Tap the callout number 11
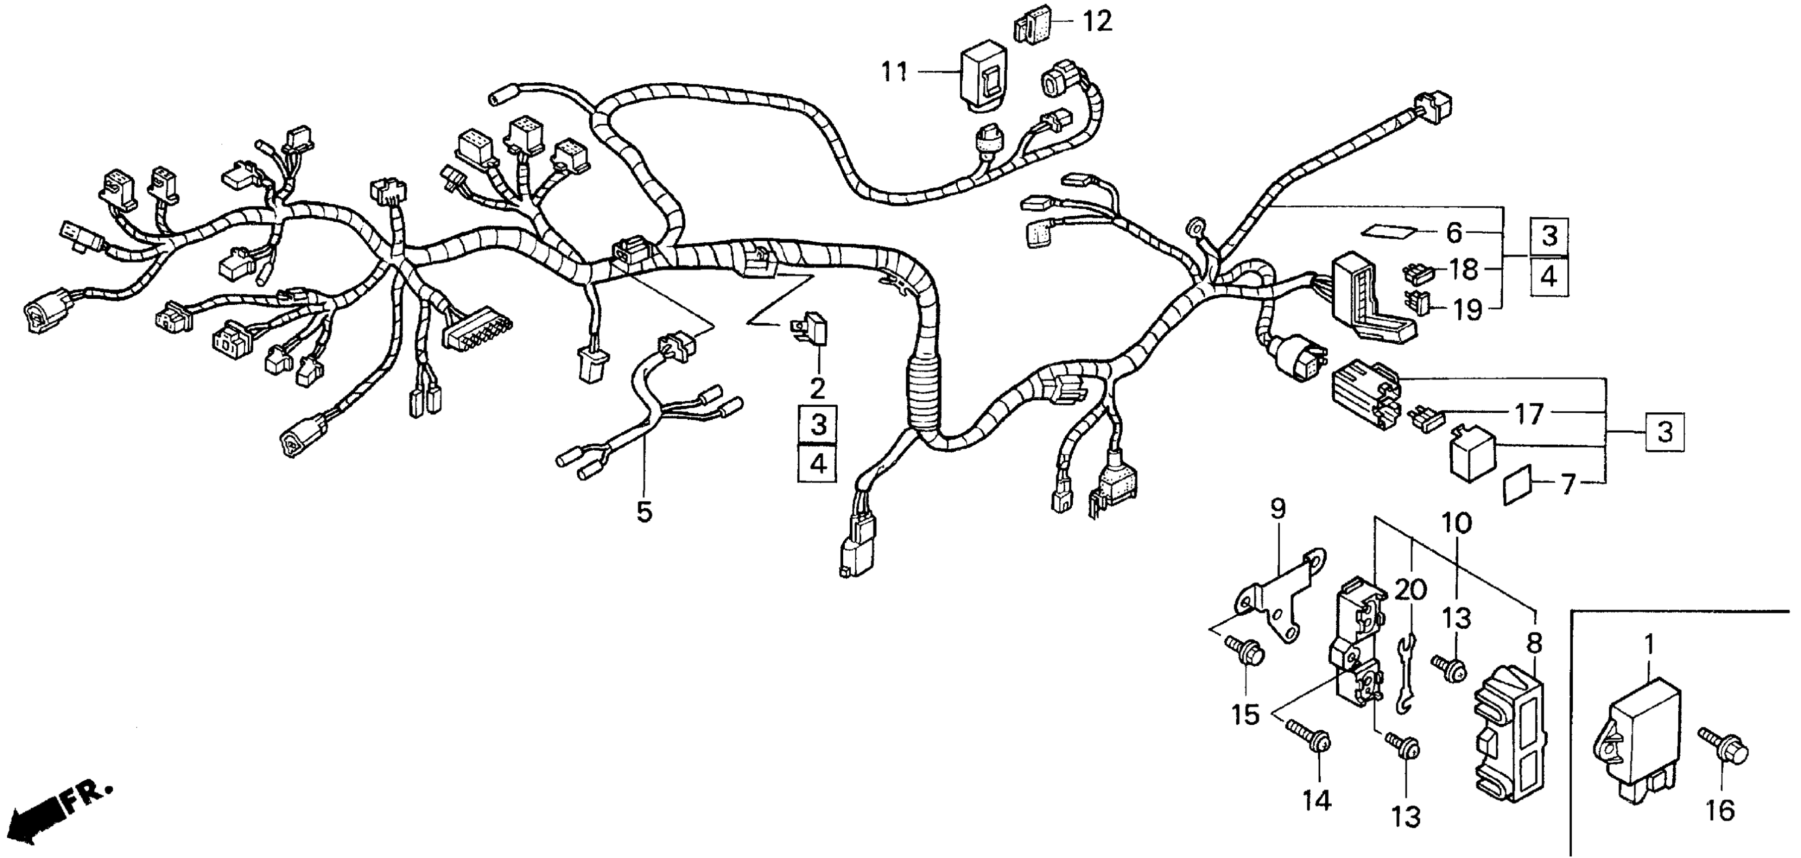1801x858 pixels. (894, 72)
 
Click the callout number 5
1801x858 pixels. (644, 511)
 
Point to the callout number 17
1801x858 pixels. (1529, 415)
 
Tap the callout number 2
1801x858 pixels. (817, 388)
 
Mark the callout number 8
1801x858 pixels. (1534, 642)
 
